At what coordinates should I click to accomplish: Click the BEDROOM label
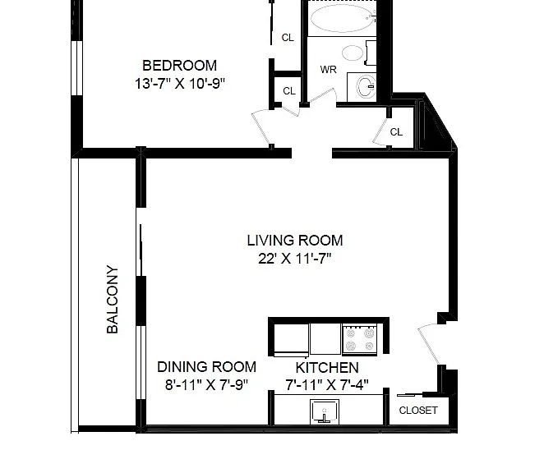tap(179, 66)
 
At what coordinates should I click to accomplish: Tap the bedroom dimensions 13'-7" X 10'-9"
tap(180, 84)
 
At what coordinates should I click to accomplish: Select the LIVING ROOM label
tap(295, 241)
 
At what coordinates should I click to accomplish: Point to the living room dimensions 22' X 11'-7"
tap(295, 259)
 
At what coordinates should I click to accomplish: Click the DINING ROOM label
tap(207, 367)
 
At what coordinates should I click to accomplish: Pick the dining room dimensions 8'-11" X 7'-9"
tap(207, 384)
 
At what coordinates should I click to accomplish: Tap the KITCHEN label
tap(327, 367)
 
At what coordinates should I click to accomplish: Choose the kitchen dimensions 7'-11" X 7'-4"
tap(327, 384)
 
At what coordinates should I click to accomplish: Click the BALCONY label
tap(113, 299)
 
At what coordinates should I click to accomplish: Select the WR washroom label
tap(328, 70)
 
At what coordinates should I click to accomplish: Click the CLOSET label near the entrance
tap(418, 411)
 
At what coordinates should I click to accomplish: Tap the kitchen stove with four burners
tap(360, 339)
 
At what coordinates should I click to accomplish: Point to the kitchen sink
tap(325, 411)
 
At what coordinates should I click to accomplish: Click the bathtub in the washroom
tap(342, 18)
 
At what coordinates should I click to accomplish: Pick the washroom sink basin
tap(367, 87)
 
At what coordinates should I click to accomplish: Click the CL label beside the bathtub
tap(288, 38)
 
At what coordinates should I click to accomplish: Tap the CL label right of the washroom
tap(396, 132)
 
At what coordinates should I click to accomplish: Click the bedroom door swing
tap(260, 127)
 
